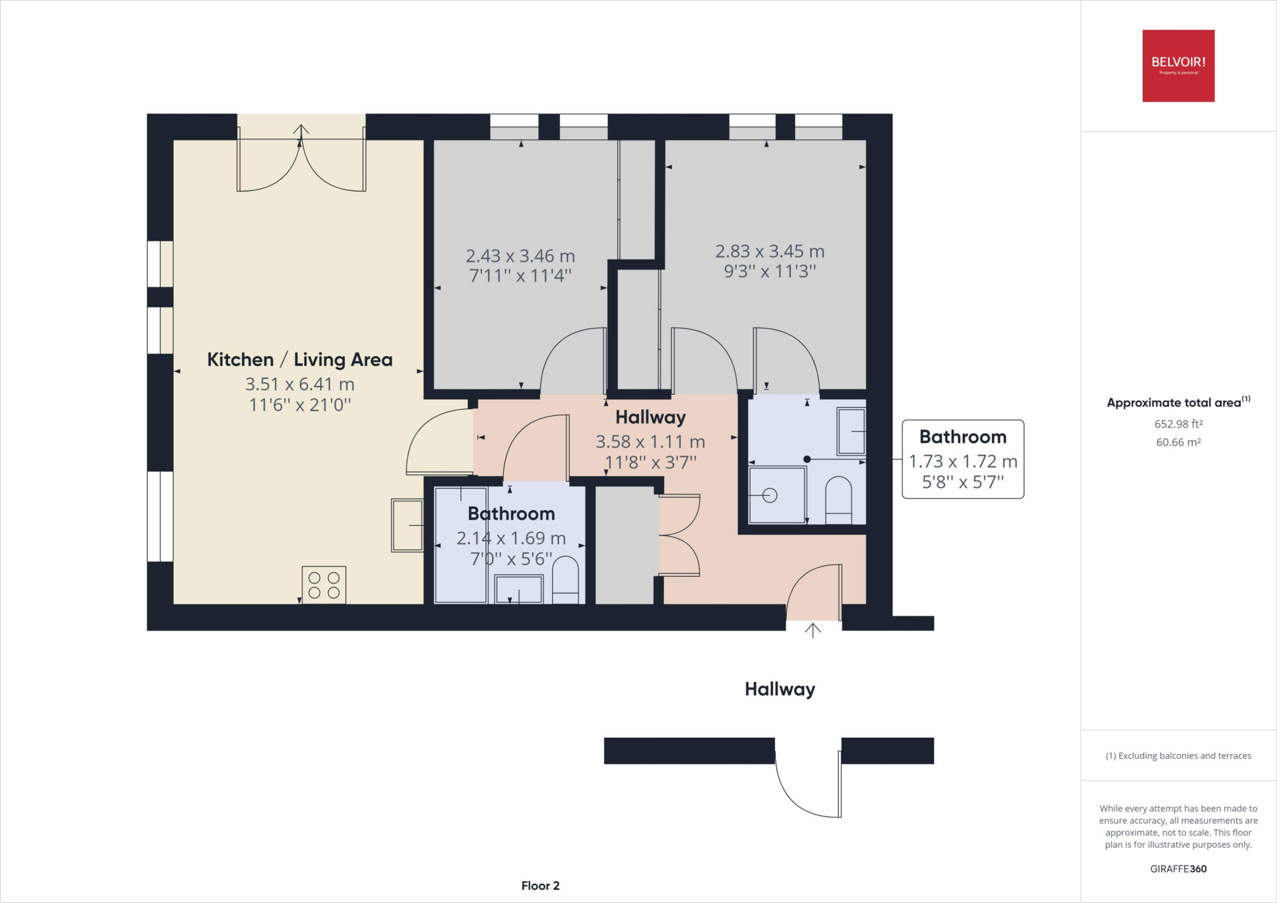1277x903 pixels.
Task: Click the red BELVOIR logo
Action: tap(1178, 65)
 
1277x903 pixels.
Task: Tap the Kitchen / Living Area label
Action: tap(299, 360)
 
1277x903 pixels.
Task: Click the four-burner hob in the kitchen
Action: tap(324, 584)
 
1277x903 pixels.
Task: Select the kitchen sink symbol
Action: tap(407, 525)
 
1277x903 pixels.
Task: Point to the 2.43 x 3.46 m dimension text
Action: tap(520, 256)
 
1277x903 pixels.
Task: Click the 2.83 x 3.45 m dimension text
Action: tap(769, 251)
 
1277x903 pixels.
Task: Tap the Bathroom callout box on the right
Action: tap(963, 459)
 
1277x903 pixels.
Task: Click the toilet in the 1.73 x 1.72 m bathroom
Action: tap(839, 499)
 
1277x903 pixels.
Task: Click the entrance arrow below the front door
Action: tap(812, 630)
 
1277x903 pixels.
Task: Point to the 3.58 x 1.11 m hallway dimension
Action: tap(650, 442)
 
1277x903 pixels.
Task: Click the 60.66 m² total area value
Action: tap(1178, 442)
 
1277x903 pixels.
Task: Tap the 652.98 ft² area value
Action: tap(1178, 424)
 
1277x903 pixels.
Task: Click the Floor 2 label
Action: tap(540, 886)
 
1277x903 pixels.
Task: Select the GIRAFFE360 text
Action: tap(1178, 869)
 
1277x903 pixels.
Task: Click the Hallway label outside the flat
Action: tap(779, 689)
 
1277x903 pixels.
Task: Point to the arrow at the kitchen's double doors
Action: tap(301, 131)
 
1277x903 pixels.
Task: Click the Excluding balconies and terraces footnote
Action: tap(1178, 756)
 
